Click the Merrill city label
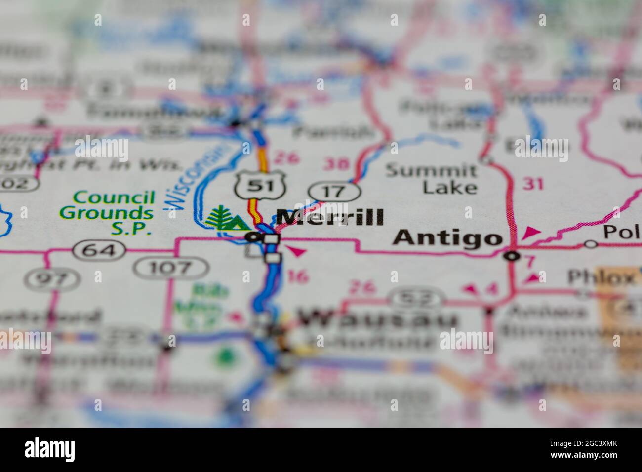pyautogui.click(x=329, y=217)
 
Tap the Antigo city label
pyautogui.click(x=447, y=238)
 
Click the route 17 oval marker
pyautogui.click(x=334, y=192)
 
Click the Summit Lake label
pyautogui.click(x=432, y=179)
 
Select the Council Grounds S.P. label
pyautogui.click(x=106, y=213)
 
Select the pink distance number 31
pyautogui.click(x=533, y=184)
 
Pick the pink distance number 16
pyautogui.click(x=297, y=277)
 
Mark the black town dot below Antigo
pyautogui.click(x=513, y=256)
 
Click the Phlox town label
pyautogui.click(x=600, y=277)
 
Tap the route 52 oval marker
pyautogui.click(x=415, y=297)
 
